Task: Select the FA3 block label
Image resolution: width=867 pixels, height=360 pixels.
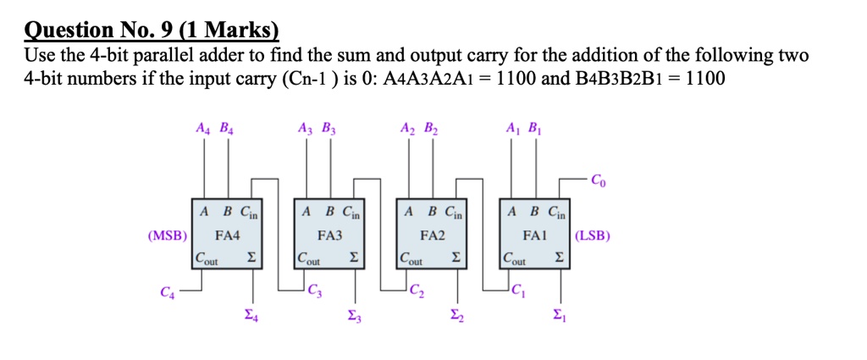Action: tap(329, 235)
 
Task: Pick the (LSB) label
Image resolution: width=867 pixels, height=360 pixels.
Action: tap(593, 235)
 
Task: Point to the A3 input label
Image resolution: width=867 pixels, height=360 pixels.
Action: tap(306, 130)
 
